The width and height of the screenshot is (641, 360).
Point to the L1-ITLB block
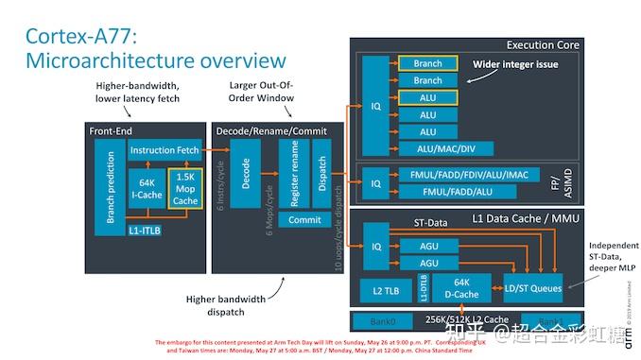click(x=145, y=230)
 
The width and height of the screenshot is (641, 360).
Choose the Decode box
click(x=246, y=173)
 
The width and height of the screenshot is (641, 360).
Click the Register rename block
click(x=294, y=173)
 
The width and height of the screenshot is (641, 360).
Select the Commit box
click(x=304, y=219)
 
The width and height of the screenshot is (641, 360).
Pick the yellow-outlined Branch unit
click(x=426, y=63)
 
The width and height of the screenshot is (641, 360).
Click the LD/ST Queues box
click(x=532, y=287)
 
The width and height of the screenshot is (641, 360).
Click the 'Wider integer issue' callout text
click(x=515, y=64)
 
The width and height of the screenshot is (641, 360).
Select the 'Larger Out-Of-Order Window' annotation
click(x=262, y=92)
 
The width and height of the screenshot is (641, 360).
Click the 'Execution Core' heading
click(x=543, y=44)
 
